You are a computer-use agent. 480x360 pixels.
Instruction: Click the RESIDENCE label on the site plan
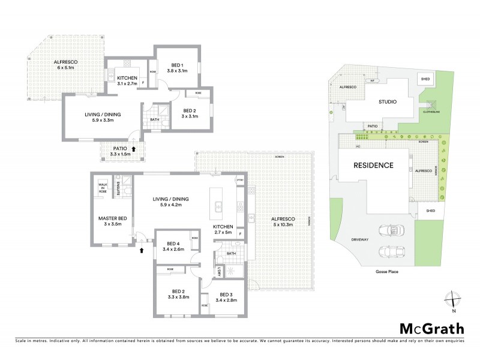[373, 166]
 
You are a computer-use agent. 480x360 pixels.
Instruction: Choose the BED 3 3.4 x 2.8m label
[225, 298]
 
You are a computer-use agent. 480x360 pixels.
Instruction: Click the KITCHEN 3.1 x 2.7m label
[127, 82]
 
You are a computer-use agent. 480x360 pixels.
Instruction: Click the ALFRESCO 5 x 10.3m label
[280, 223]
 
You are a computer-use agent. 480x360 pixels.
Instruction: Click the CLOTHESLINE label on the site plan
[431, 112]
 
